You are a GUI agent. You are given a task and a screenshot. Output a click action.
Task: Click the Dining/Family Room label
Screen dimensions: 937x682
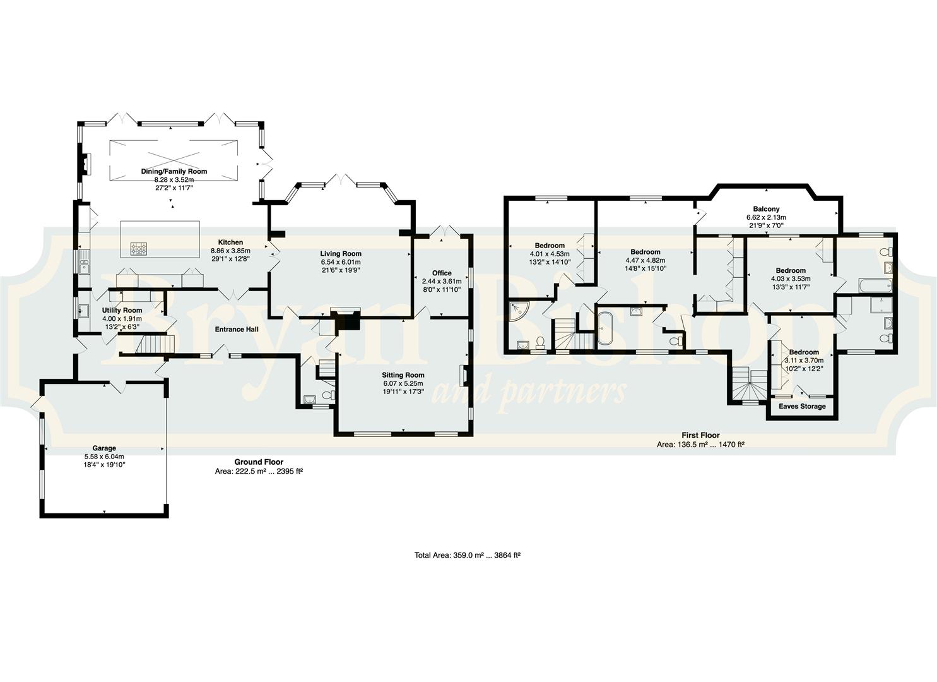[174, 171]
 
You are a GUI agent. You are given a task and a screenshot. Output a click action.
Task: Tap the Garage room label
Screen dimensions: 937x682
[104, 448]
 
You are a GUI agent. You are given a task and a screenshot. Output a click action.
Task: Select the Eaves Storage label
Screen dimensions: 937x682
[802, 406]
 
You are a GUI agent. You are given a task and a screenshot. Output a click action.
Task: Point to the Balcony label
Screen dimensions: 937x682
[767, 209]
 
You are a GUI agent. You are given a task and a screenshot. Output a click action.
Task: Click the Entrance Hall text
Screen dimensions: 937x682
[237, 330]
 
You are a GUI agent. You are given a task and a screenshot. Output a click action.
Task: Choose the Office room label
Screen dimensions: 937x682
[442, 273]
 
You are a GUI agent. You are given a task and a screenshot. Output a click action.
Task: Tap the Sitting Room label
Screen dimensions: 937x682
[403, 375]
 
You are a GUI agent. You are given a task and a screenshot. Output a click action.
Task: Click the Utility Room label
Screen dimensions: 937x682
[122, 310]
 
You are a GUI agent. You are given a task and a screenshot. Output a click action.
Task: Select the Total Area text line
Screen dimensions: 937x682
[468, 556]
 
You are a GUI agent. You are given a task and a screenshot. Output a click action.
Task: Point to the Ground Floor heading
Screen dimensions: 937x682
[259, 462]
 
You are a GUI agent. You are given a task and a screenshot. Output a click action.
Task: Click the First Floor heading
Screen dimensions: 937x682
[700, 435]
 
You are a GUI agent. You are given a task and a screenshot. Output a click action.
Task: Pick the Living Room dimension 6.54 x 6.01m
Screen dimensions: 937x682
[341, 262]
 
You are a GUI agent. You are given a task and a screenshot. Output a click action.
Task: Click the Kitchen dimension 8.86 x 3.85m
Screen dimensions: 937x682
[230, 251]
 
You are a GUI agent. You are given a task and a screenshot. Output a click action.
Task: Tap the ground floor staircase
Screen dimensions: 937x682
[155, 344]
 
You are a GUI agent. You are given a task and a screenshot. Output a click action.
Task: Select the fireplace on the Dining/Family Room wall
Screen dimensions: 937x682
[86, 164]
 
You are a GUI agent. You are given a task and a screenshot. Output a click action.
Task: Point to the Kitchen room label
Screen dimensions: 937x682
[230, 242]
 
